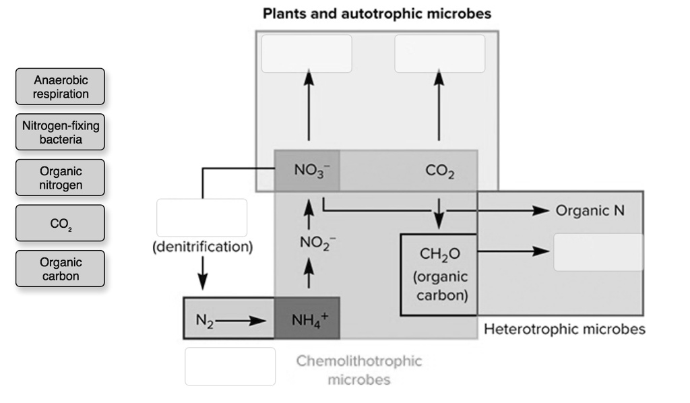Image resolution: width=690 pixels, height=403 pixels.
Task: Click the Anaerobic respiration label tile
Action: pyautogui.click(x=61, y=86)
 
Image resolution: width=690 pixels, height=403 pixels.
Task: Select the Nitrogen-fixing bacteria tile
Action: pyautogui.click(x=61, y=132)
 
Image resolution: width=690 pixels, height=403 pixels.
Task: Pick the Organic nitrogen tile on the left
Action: pyautogui.click(x=61, y=178)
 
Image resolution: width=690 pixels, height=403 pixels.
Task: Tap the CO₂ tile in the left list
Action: pyautogui.click(x=61, y=223)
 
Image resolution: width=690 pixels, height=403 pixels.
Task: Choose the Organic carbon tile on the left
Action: pyautogui.click(x=61, y=269)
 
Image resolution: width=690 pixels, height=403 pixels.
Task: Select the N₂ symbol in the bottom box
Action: pyautogui.click(x=204, y=320)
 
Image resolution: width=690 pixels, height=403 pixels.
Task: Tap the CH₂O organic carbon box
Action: pyautogui.click(x=439, y=275)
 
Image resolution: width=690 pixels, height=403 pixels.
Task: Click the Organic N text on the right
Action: pyautogui.click(x=590, y=211)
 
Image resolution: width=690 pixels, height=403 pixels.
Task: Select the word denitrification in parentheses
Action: pyautogui.click(x=202, y=247)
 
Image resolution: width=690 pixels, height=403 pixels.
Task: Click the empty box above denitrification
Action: pyautogui.click(x=202, y=218)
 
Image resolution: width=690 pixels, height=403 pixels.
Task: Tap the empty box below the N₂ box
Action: pyautogui.click(x=230, y=366)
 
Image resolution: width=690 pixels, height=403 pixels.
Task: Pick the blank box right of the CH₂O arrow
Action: pyautogui.click(x=598, y=252)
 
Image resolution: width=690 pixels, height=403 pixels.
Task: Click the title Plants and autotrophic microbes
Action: pyautogui.click(x=377, y=13)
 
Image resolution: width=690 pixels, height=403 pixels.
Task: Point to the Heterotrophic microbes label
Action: pyautogui.click(x=565, y=329)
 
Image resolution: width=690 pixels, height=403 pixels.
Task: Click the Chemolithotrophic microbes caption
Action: pyautogui.click(x=359, y=369)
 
